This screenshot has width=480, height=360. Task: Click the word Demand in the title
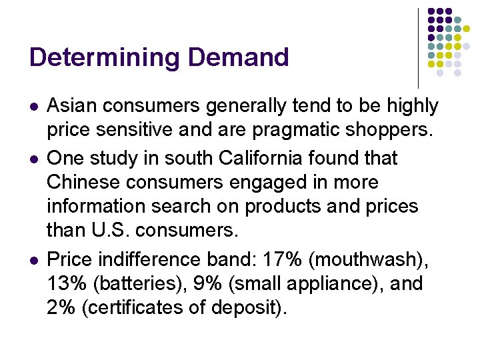tap(238, 57)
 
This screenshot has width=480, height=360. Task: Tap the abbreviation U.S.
tap(103, 231)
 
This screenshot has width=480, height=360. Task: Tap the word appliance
tap(330, 283)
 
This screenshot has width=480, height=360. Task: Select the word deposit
tap(254, 307)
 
